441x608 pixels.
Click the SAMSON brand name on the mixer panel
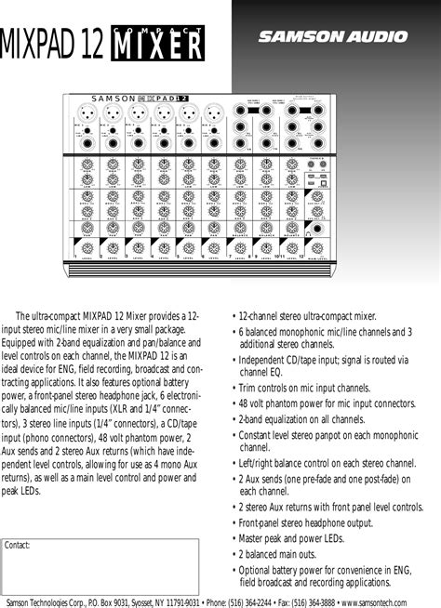click(x=114, y=97)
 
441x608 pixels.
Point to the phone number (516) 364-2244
click(x=254, y=599)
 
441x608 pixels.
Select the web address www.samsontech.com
click(x=395, y=599)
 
